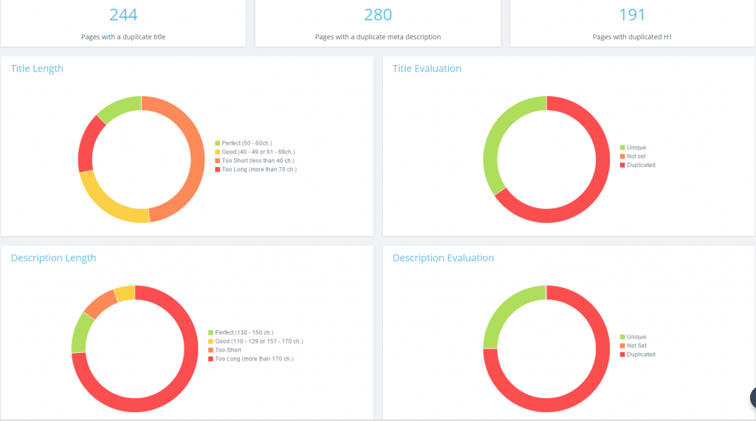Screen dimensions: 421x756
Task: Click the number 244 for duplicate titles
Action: point(123,15)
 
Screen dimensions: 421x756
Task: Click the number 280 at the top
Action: point(378,15)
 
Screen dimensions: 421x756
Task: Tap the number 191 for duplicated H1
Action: point(632,15)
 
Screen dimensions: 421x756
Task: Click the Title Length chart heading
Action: point(37,69)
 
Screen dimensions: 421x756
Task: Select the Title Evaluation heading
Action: point(427,69)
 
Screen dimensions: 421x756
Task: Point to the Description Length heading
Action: point(53,258)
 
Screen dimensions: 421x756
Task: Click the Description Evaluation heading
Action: point(443,258)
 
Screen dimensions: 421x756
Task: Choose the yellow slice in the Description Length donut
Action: point(125,293)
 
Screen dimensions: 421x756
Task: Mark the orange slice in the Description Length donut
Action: point(100,302)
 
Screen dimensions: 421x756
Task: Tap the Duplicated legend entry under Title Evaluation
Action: point(641,165)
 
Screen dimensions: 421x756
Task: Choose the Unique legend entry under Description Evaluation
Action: point(636,338)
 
